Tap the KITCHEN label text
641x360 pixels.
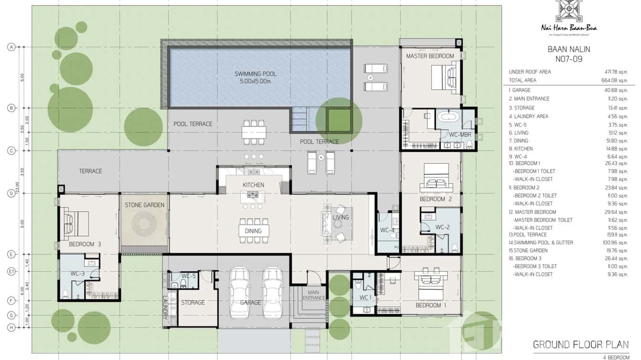click(253, 185)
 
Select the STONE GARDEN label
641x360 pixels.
click(144, 205)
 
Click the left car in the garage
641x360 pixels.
click(240, 293)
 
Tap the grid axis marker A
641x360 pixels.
click(11, 47)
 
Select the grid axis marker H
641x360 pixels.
click(11, 328)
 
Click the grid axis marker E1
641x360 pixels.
click(11, 272)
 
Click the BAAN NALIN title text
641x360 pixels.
click(568, 49)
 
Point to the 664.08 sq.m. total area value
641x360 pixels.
click(615, 80)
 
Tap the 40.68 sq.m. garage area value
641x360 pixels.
click(615, 90)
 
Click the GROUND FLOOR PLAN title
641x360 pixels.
click(580, 344)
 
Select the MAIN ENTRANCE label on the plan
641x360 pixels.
click(313, 296)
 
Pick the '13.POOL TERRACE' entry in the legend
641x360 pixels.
click(528, 234)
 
